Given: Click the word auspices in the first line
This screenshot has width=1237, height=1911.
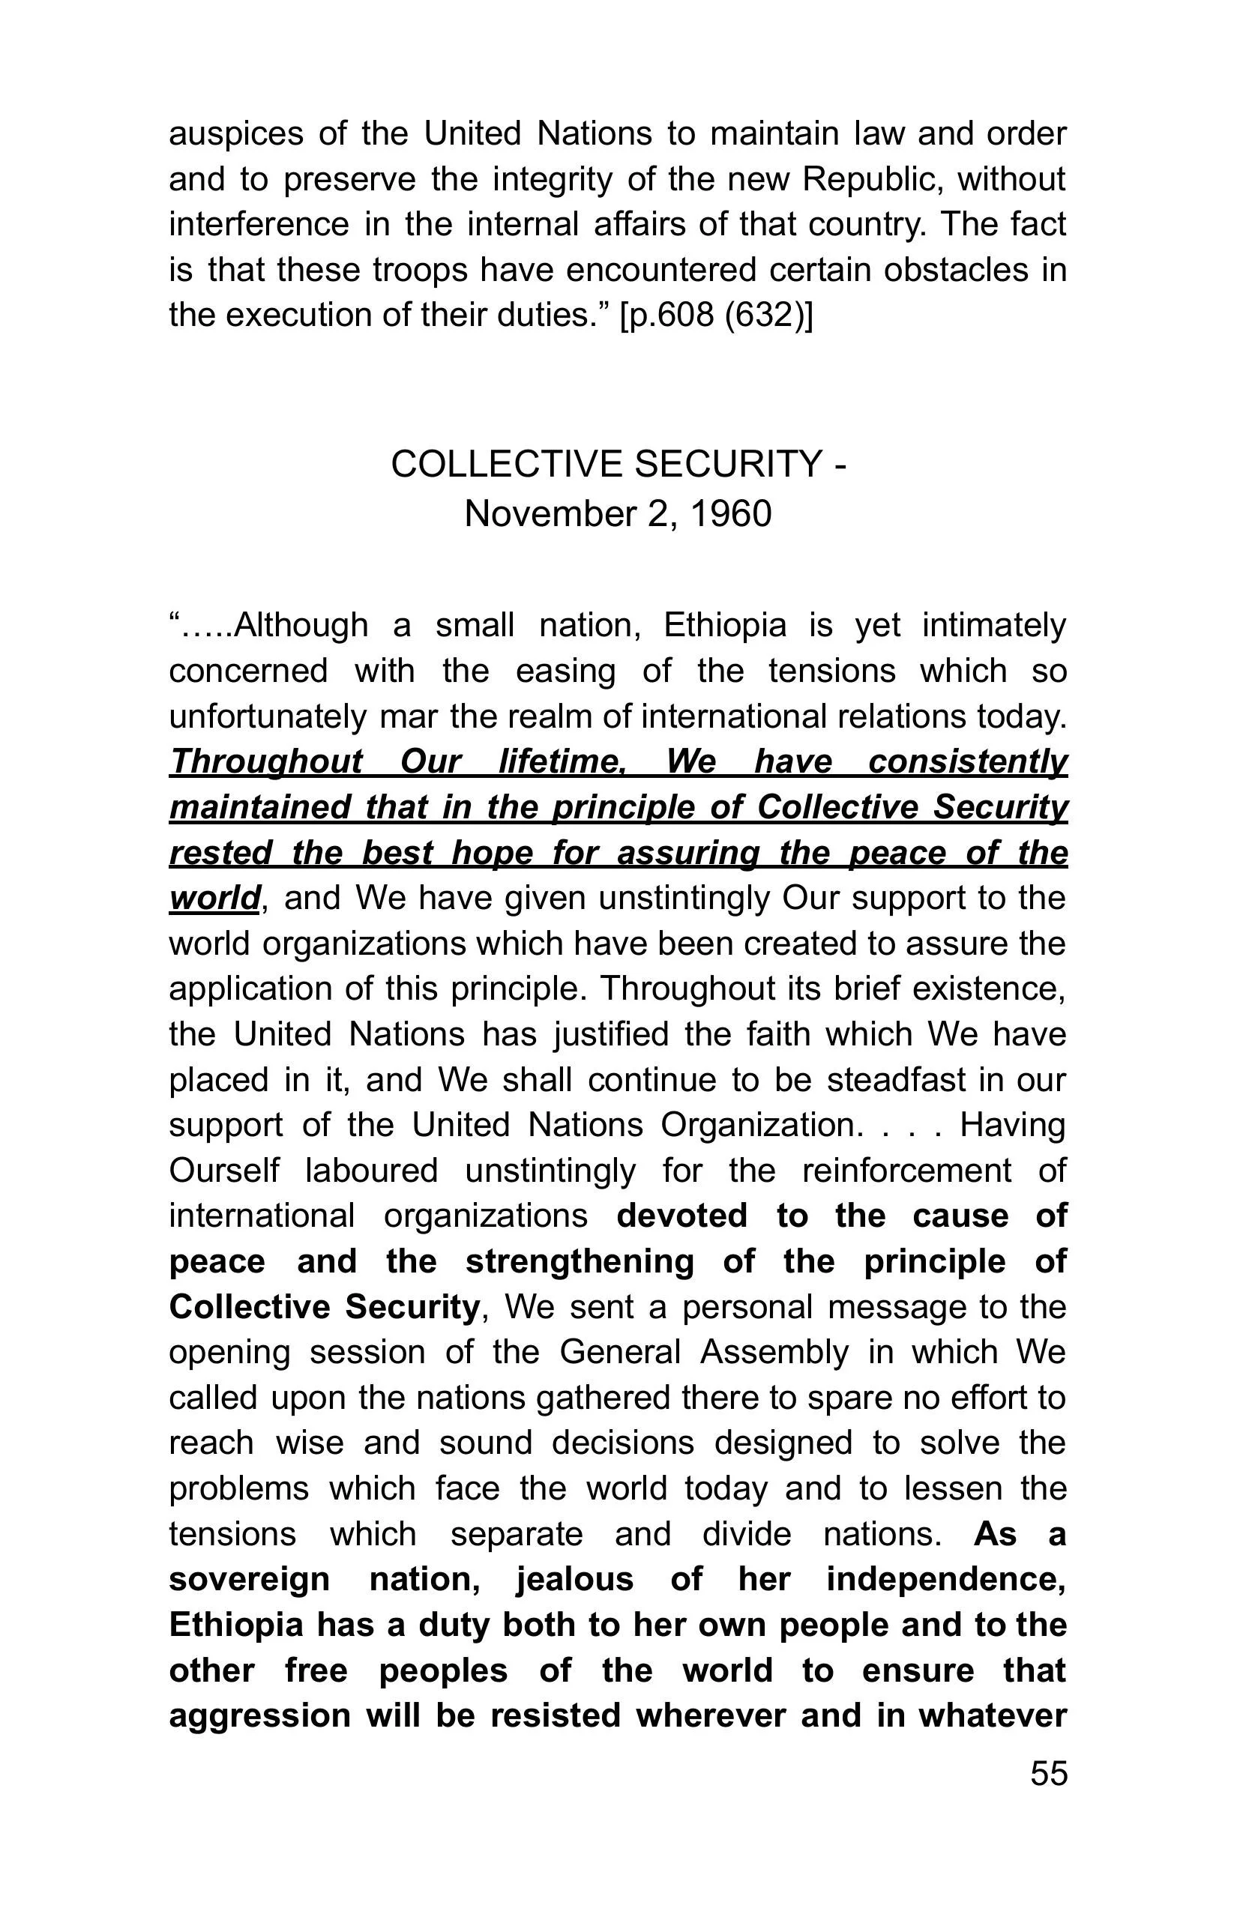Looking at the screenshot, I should click(236, 134).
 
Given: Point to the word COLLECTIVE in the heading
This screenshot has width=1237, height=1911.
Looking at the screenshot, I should click(506, 464).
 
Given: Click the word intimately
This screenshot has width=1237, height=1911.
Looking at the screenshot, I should click(994, 625).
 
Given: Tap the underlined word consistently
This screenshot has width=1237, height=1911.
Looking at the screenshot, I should click(968, 761).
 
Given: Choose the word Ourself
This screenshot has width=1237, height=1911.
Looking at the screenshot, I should click(224, 1171).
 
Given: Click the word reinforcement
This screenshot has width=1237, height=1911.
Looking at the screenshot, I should click(907, 1171).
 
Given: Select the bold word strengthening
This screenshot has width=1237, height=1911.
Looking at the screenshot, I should click(579, 1261).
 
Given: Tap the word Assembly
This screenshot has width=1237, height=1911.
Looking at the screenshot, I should click(774, 1352).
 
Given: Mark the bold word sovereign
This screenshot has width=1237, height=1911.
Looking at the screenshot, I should click(249, 1580).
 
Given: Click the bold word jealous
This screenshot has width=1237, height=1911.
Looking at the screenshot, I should click(574, 1580).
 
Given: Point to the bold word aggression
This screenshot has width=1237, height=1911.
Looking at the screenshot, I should click(259, 1715).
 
